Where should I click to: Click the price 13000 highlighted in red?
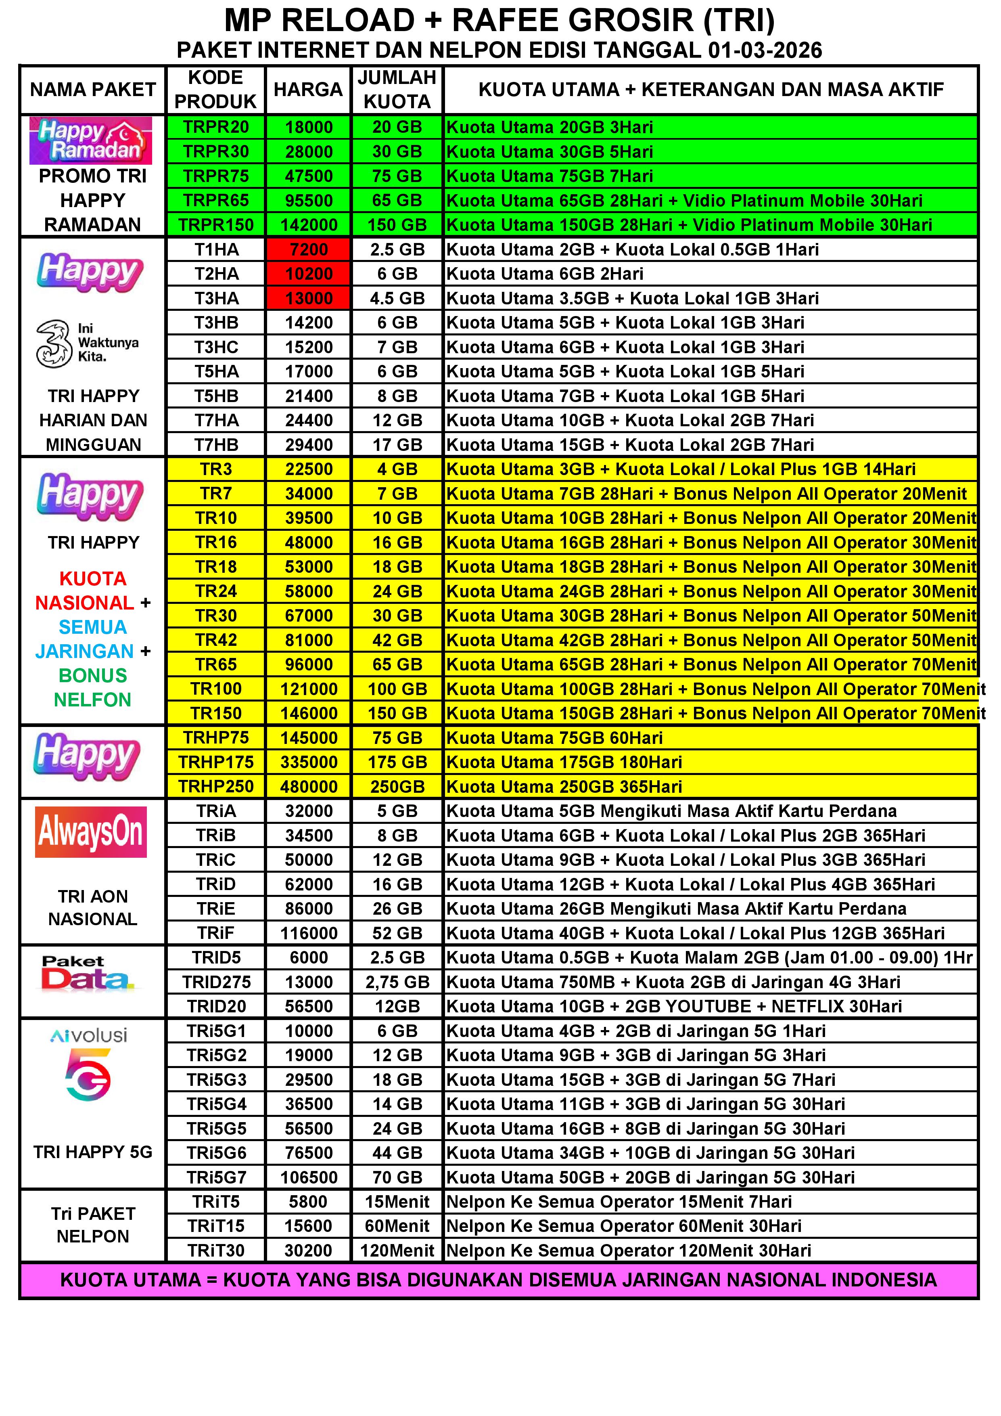308,298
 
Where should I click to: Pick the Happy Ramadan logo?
91,140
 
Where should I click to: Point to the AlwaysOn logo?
91,832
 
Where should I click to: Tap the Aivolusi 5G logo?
88,1064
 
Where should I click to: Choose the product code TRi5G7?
216,1177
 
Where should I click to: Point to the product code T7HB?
216,445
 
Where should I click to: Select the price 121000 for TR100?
308,689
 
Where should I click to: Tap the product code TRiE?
216,909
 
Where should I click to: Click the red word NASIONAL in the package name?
84,603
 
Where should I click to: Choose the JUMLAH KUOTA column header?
397,90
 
